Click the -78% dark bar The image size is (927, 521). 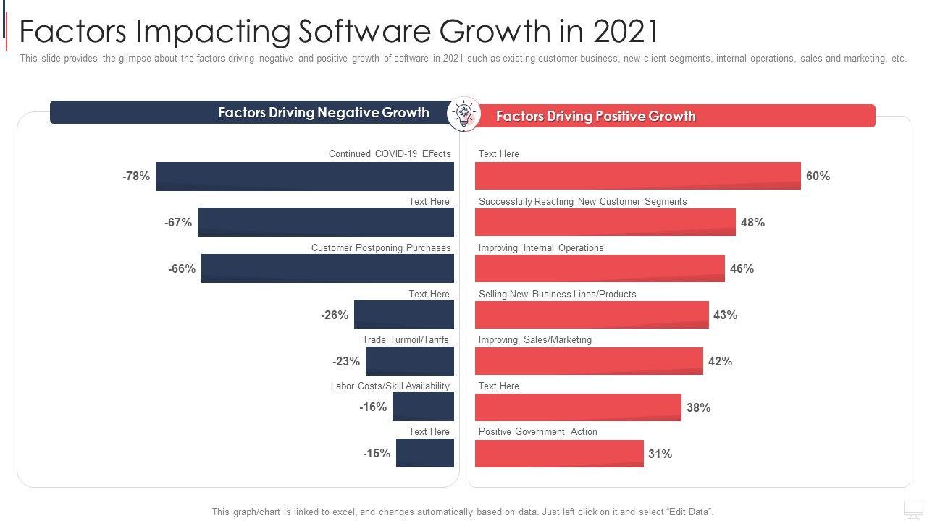tap(305, 177)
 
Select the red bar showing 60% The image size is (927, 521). tap(638, 176)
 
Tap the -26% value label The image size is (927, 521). tap(335, 315)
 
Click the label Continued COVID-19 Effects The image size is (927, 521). tap(390, 153)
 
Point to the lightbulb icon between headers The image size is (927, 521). tap(464, 114)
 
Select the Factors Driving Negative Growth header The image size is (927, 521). tap(323, 112)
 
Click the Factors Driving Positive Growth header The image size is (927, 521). tap(595, 116)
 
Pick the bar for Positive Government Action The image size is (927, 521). tap(559, 454)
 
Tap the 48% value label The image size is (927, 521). tap(752, 222)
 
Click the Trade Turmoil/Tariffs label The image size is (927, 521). tap(406, 339)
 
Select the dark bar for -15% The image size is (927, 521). tap(425, 453)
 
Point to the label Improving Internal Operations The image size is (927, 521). tap(541, 247)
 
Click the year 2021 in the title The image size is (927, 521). tap(625, 31)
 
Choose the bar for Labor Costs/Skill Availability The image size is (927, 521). tap(423, 407)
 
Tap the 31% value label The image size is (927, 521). tap(660, 454)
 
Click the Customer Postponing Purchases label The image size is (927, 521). tap(381, 247)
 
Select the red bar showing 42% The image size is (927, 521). tap(589, 361)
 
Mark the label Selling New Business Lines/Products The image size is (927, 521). tap(557, 294)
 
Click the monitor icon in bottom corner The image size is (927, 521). tap(913, 509)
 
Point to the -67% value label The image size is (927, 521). tap(178, 222)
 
